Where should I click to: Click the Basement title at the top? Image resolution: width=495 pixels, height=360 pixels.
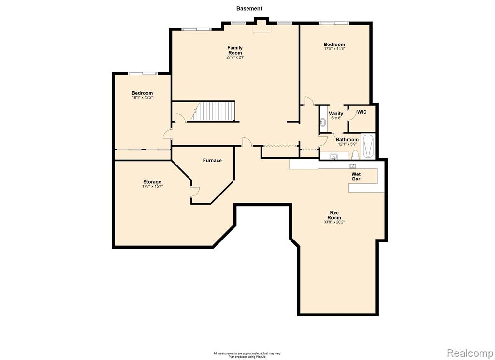(249, 9)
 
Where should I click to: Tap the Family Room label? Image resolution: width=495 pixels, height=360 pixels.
(235, 50)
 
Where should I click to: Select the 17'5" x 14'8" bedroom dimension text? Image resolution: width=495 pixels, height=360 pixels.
(335, 49)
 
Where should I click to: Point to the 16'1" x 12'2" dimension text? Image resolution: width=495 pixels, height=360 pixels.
(142, 98)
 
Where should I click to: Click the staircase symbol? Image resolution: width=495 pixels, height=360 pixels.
(213, 111)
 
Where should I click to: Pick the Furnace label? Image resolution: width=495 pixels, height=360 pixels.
(212, 160)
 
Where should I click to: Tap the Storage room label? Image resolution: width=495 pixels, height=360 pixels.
(152, 182)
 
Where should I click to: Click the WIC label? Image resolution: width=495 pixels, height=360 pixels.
(362, 112)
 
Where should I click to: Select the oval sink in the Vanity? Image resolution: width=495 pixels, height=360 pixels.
(323, 121)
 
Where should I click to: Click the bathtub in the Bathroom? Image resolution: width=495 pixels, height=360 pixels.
(368, 146)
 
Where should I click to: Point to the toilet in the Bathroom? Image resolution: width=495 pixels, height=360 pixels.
(355, 154)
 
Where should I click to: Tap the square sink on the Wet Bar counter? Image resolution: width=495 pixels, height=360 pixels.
(352, 166)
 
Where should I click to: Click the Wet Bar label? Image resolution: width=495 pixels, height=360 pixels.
(356, 177)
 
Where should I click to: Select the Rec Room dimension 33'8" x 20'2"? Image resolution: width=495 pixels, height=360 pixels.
(334, 222)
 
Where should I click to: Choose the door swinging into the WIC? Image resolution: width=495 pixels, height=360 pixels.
(351, 115)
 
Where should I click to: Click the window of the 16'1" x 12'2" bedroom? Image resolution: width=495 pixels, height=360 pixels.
(143, 74)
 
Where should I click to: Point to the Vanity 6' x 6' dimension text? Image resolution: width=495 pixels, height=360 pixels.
(336, 118)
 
